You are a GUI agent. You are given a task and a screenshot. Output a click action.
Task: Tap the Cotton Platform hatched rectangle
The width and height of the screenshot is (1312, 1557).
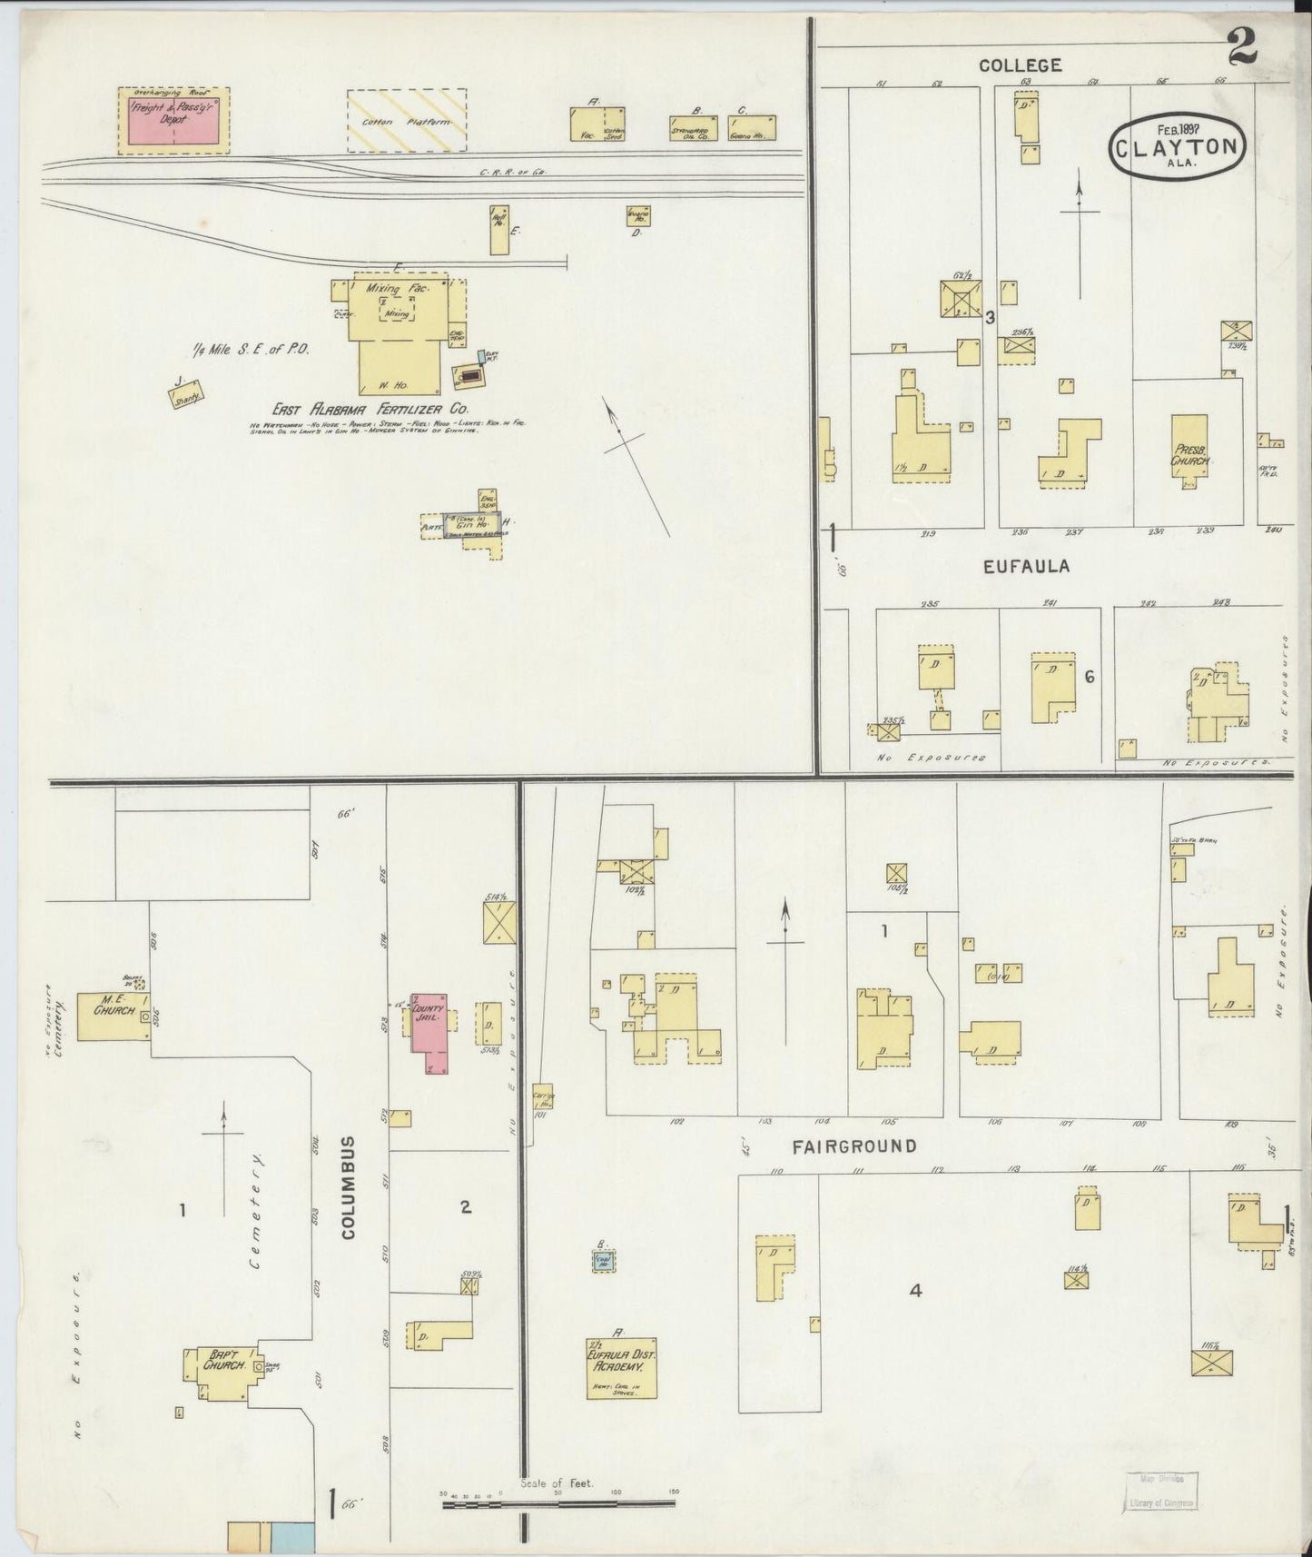407,120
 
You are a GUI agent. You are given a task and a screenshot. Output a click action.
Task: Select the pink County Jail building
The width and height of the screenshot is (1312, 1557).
429,1032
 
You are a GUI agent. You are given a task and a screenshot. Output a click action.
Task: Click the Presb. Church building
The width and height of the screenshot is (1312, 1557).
1189,451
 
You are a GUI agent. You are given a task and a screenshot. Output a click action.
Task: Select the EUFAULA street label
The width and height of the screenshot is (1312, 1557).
1027,566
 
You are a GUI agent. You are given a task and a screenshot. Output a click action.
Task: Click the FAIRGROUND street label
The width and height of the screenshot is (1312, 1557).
853,1146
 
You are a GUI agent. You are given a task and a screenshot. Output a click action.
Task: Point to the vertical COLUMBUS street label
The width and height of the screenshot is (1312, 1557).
350,1186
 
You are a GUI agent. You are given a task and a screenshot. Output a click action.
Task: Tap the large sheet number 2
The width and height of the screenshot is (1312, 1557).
1241,48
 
